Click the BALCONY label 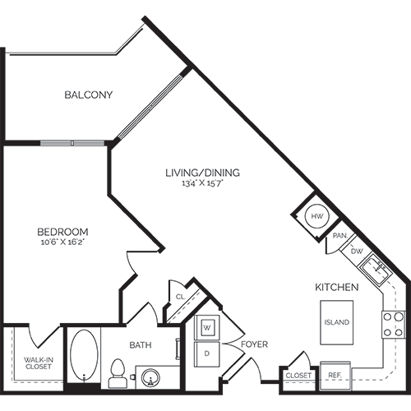pyautogui.click(x=89, y=95)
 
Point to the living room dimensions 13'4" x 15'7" pyautogui.click(x=202, y=183)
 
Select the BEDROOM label pyautogui.click(x=62, y=232)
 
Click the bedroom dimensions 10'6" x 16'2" pyautogui.click(x=62, y=243)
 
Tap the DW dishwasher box pyautogui.click(x=357, y=250)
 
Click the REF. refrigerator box pyautogui.click(x=335, y=374)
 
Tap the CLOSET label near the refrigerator pyautogui.click(x=298, y=376)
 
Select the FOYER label pyautogui.click(x=254, y=344)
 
